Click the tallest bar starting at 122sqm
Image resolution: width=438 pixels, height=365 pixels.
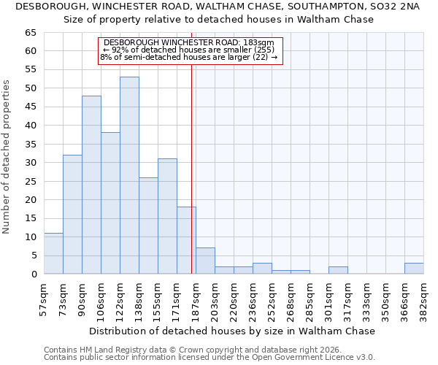pyautogui.click(x=129, y=175)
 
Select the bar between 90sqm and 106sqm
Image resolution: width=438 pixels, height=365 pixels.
pyautogui.click(x=91, y=185)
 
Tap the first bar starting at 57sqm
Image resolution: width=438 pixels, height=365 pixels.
pyautogui.click(x=53, y=253)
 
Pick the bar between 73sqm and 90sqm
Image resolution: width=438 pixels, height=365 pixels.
pyautogui.click(x=72, y=215)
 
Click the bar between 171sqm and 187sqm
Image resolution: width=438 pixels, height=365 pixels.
pyautogui.click(x=186, y=240)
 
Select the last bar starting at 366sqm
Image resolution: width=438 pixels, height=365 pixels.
pyautogui.click(x=414, y=268)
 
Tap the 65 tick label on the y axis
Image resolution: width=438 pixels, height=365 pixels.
pyautogui.click(x=31, y=33)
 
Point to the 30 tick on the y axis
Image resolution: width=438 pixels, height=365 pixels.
pyautogui.click(x=31, y=163)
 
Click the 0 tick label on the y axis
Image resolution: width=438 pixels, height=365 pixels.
pyautogui.click(x=34, y=274)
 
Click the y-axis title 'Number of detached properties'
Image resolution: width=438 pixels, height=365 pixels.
pyautogui.click(x=7, y=157)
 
